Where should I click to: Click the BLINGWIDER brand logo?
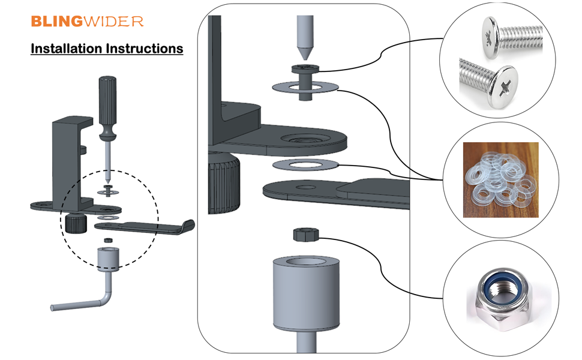coord(87,22)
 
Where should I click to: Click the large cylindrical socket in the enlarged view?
coord(306,294)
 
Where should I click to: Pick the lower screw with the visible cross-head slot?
coord(489,82)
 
